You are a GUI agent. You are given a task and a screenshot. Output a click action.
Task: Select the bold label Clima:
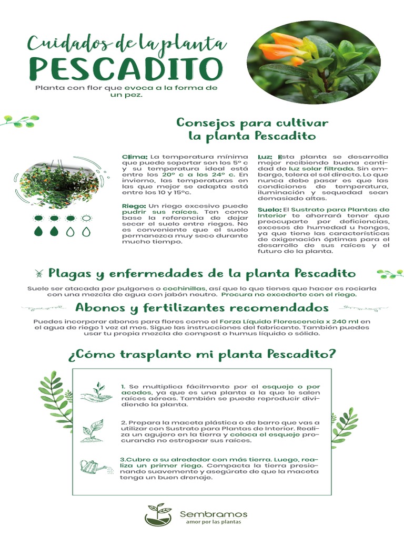pos(135,157)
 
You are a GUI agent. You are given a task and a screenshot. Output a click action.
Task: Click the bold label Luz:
pos(265,157)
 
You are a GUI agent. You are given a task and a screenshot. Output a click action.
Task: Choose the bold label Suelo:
pos(269,209)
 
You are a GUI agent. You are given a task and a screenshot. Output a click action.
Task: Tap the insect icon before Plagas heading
pos(39,273)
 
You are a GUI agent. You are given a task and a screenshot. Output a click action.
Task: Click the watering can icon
pos(93,466)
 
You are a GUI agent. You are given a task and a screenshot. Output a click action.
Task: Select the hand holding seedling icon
pos(96,394)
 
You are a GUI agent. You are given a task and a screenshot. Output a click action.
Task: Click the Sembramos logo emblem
pos(158,514)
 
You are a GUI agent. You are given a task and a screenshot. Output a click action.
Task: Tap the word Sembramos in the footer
pos(213,514)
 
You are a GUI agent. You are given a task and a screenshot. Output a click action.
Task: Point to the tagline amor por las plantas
pos(213,523)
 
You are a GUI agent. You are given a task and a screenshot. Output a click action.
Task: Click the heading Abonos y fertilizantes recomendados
pos(202,307)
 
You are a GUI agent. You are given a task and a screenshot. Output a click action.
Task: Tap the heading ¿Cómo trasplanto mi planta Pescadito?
pos(202,354)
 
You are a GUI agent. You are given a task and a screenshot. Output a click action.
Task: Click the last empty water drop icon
pos(86,231)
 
